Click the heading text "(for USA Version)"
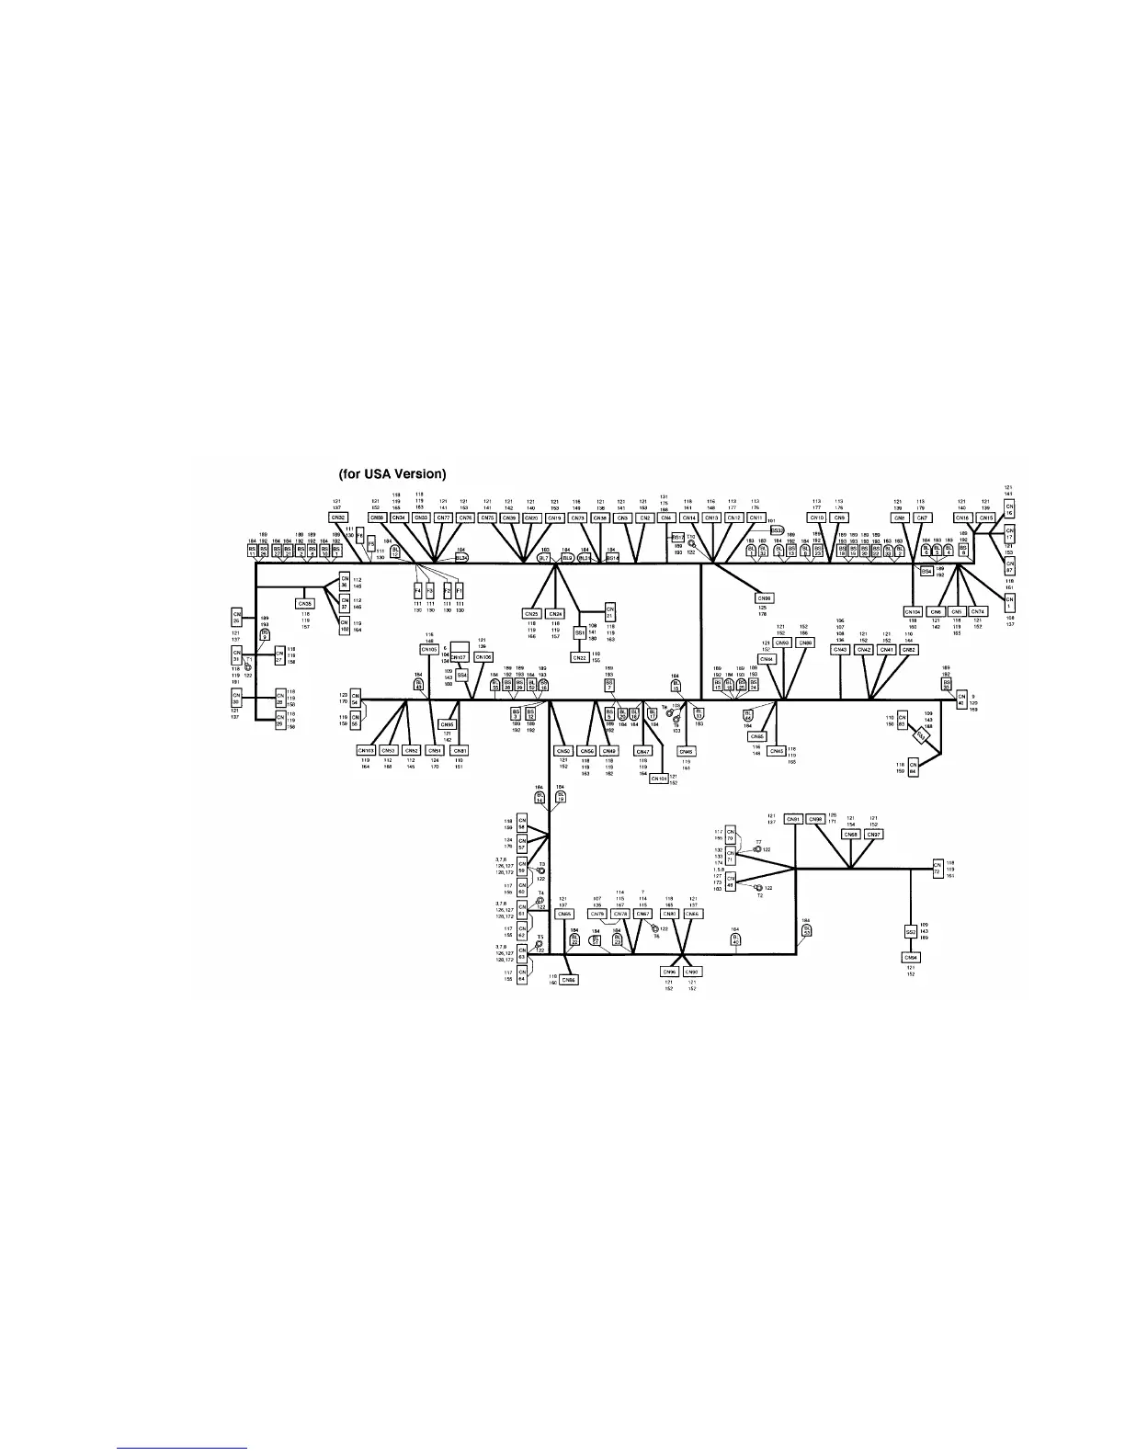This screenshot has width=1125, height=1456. click(x=392, y=474)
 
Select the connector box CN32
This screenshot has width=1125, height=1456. click(x=339, y=518)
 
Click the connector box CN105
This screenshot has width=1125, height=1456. click(x=429, y=649)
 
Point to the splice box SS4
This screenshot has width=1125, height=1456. click(x=462, y=675)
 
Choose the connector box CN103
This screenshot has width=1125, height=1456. click(x=366, y=750)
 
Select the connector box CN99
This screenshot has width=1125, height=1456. click(x=815, y=819)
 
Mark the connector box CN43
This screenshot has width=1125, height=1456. click(x=840, y=649)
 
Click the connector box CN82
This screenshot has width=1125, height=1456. click(x=908, y=649)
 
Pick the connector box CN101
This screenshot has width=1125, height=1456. click(x=658, y=778)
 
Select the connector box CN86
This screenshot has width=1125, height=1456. click(x=569, y=980)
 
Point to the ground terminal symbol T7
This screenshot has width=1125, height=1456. click(x=757, y=849)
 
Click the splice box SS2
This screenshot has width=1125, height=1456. click(x=910, y=931)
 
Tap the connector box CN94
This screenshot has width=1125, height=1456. click(x=910, y=957)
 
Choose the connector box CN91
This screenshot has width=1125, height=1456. click(x=794, y=819)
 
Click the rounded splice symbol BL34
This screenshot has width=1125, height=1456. click(x=461, y=557)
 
